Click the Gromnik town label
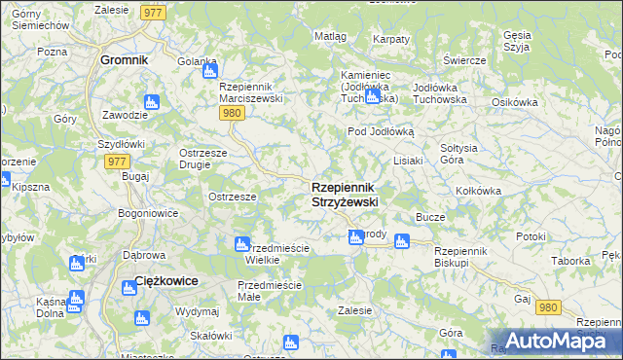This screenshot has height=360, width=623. [x=124, y=59]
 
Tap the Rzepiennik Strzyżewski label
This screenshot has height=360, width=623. [x=345, y=194]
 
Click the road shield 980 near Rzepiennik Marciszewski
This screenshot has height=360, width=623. [x=231, y=113]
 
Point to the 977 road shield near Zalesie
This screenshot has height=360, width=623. [x=152, y=12]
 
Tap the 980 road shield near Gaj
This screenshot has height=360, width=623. [x=548, y=306]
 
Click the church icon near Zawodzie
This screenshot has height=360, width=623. [x=150, y=101]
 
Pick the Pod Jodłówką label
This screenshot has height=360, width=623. [x=381, y=131]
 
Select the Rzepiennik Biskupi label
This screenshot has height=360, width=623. [x=465, y=257]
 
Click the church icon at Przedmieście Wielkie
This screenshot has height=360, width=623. [x=241, y=243]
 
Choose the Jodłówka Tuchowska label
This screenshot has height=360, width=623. [x=440, y=93]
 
